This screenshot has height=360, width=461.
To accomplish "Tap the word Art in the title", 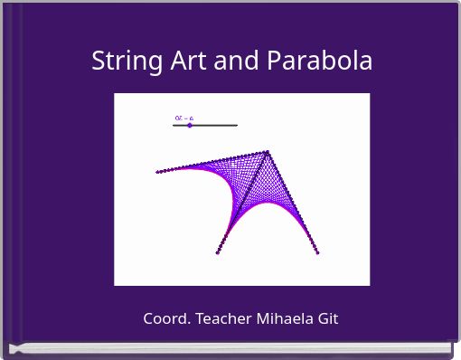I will (181, 62).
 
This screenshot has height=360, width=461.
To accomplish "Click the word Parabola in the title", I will (320, 62).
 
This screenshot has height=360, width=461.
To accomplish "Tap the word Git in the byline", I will (327, 318).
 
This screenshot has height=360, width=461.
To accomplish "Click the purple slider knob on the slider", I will (190, 125).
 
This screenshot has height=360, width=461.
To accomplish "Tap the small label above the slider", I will (183, 118).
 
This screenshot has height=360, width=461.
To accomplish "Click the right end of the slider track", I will (237, 125).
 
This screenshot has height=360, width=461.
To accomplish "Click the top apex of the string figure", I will (268, 152).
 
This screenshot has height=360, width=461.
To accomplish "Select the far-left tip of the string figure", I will (157, 172).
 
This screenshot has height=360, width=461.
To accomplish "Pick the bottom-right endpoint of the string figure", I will (318, 252).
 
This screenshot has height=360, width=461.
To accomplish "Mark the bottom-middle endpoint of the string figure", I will (218, 252).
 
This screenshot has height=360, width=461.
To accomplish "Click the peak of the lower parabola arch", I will (268, 201).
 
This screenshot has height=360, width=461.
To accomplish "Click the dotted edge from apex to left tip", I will (212, 162).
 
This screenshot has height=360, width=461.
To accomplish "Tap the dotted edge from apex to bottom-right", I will (294, 204).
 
